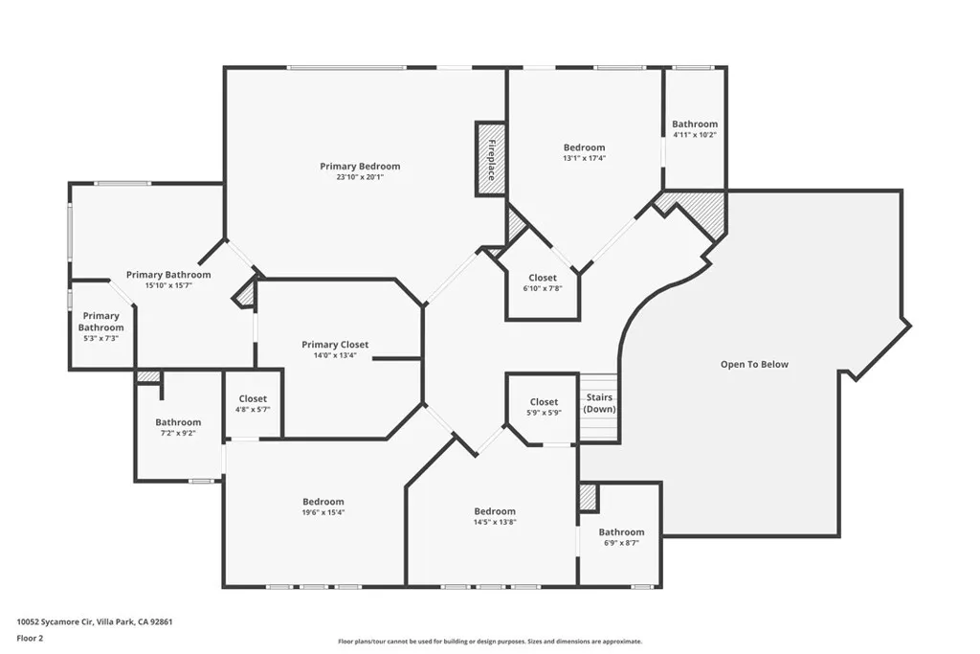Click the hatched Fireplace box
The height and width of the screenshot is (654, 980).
[x=491, y=159]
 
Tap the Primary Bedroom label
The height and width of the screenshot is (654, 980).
[x=360, y=167]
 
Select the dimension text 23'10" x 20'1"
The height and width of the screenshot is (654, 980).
[x=360, y=177]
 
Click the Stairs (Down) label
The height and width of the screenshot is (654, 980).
[x=599, y=403]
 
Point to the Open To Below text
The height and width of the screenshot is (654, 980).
[x=754, y=364]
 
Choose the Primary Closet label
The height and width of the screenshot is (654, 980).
[x=335, y=345]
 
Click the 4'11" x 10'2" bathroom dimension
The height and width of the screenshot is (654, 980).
[x=695, y=135]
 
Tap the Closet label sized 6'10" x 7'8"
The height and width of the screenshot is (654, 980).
[x=543, y=278]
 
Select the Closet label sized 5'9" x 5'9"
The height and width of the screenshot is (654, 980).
[x=544, y=402]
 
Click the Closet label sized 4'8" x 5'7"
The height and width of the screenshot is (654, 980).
[x=253, y=398]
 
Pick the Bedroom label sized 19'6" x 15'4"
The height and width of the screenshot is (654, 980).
[x=323, y=502]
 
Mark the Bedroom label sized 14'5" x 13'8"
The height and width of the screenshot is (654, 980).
[x=495, y=511]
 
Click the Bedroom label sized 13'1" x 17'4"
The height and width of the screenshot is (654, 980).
[x=584, y=147]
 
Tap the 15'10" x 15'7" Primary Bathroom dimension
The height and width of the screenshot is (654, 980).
[x=168, y=285]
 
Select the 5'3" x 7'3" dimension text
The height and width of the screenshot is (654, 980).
[x=101, y=339]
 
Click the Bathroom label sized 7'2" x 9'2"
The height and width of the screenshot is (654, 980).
[x=178, y=422]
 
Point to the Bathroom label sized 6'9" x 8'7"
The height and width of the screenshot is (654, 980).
[x=621, y=532]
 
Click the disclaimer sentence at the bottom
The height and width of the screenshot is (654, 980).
[x=490, y=642]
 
